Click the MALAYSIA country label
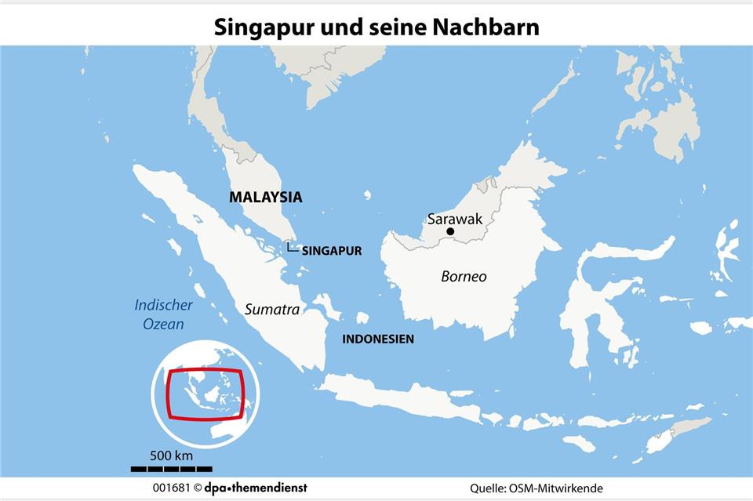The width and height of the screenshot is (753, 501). coord(265,198)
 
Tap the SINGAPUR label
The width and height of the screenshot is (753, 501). coord(332,252)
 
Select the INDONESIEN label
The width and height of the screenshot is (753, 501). coord(378,339)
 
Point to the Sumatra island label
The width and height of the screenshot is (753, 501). coord(272,310)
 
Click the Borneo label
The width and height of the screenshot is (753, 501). coord(464,277)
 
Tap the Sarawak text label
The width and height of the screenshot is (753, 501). coord(455,219)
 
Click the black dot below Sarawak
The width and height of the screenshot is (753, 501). coord(450,232)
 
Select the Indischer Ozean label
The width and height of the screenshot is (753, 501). coord(163,314)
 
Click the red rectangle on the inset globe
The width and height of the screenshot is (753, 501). coord(206,394)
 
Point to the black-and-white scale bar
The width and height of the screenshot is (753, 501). coord(171,469)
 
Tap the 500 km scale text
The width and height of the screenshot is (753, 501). coord(171,456)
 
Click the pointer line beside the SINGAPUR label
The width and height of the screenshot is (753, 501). coord(292,248)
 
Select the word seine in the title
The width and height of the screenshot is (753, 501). coord(398,27)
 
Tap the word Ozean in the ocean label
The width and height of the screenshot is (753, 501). coord(163,324)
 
